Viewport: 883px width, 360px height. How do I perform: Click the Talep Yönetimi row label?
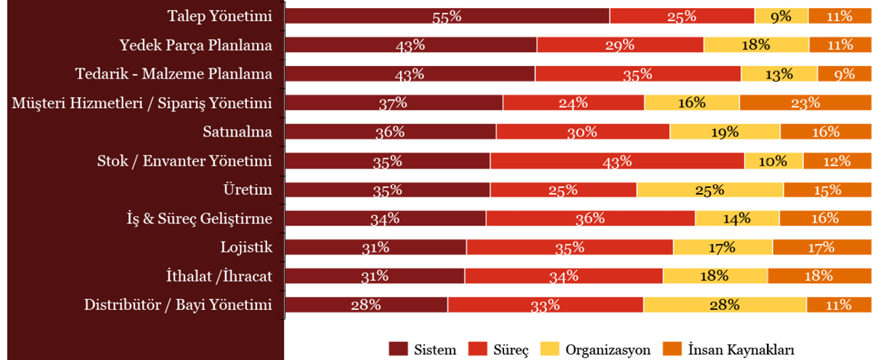click(219, 15)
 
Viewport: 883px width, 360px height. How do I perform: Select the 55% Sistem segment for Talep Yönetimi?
click(447, 16)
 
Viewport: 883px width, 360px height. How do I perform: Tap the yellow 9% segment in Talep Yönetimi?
click(781, 16)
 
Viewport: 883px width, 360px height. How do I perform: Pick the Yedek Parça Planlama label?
click(196, 45)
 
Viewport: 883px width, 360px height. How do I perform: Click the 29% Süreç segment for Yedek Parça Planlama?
click(620, 45)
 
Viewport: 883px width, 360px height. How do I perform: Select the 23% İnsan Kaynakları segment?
click(805, 102)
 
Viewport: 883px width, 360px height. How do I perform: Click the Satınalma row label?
click(237, 131)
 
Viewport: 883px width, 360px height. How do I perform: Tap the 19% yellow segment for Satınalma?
click(725, 131)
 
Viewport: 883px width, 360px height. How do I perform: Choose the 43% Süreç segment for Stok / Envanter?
click(617, 160)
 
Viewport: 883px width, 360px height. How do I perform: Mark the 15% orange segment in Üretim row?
click(827, 189)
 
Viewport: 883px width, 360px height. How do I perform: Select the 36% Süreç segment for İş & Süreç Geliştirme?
click(590, 218)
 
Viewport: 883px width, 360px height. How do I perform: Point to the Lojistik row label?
click(246, 247)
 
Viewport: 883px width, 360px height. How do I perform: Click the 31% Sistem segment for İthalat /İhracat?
click(375, 276)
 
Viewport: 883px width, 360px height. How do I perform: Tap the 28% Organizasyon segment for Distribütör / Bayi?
click(725, 305)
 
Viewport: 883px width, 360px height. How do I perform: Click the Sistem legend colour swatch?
click(398, 349)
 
